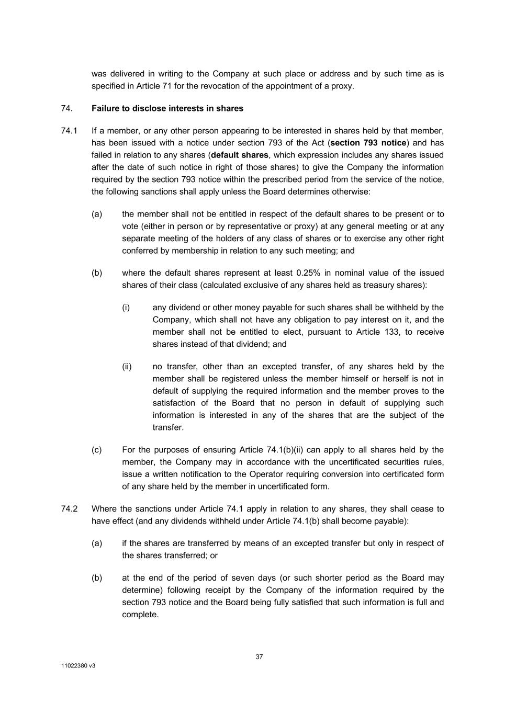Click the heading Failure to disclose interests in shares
tap(167, 108)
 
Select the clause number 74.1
tap(69, 131)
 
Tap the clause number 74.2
tap(69, 508)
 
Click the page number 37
tap(259, 657)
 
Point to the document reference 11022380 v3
tap(78, 666)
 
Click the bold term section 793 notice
tap(368, 143)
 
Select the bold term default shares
tap(240, 155)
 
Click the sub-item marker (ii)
tap(127, 366)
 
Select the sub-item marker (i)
tap(126, 307)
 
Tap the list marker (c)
tap(96, 449)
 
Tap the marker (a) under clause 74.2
tap(96, 543)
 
